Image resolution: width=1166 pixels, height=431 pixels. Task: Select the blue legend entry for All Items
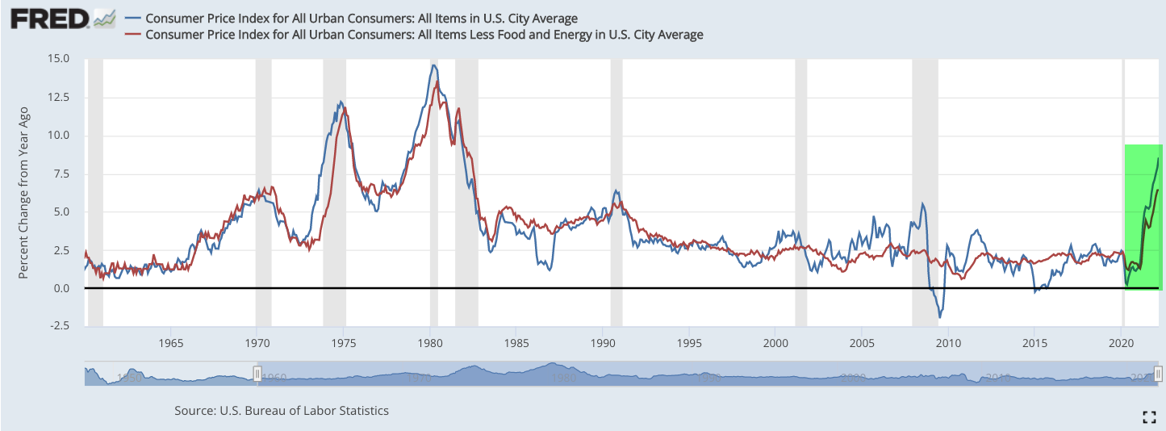point(362,19)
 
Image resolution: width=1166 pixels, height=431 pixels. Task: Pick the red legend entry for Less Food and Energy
point(424,35)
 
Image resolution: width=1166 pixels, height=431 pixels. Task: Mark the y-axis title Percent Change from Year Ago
point(24,192)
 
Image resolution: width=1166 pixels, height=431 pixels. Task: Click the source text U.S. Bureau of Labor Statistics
point(282,411)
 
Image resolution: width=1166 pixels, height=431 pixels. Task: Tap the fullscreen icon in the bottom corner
point(1150,416)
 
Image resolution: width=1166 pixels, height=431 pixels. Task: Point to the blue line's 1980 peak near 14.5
point(434,65)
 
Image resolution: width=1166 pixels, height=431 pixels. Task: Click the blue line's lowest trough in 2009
point(939,317)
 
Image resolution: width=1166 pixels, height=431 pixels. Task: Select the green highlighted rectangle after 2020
point(1143,216)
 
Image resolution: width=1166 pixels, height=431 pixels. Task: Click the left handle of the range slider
point(257,374)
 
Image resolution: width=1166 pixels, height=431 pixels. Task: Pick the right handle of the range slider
point(1158,374)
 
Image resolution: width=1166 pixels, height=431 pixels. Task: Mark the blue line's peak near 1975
point(341,102)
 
